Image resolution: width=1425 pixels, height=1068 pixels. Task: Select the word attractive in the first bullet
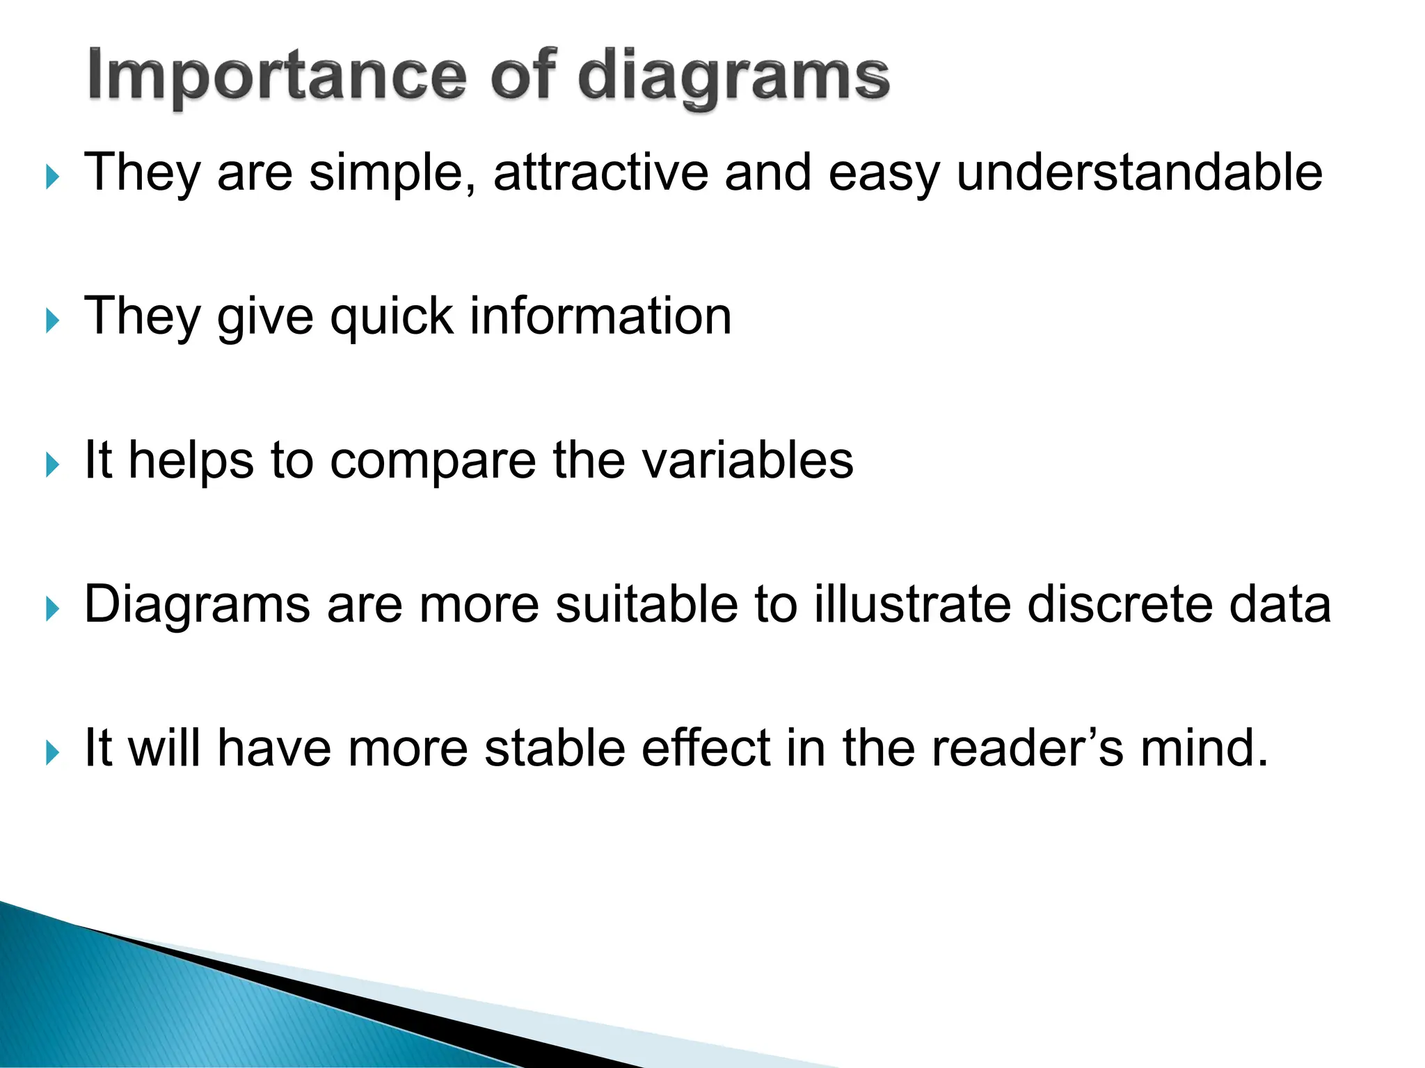point(600,172)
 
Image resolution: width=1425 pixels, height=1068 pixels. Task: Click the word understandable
point(1139,172)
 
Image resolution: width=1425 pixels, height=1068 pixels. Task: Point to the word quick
point(392,317)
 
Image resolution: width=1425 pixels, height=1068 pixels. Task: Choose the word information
point(600,316)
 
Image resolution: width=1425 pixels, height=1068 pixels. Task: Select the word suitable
point(646,604)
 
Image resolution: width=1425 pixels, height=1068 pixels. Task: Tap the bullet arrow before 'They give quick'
point(52,321)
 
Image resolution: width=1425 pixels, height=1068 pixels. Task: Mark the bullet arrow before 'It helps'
point(52,465)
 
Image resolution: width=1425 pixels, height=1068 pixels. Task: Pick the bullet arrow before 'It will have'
point(52,753)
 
